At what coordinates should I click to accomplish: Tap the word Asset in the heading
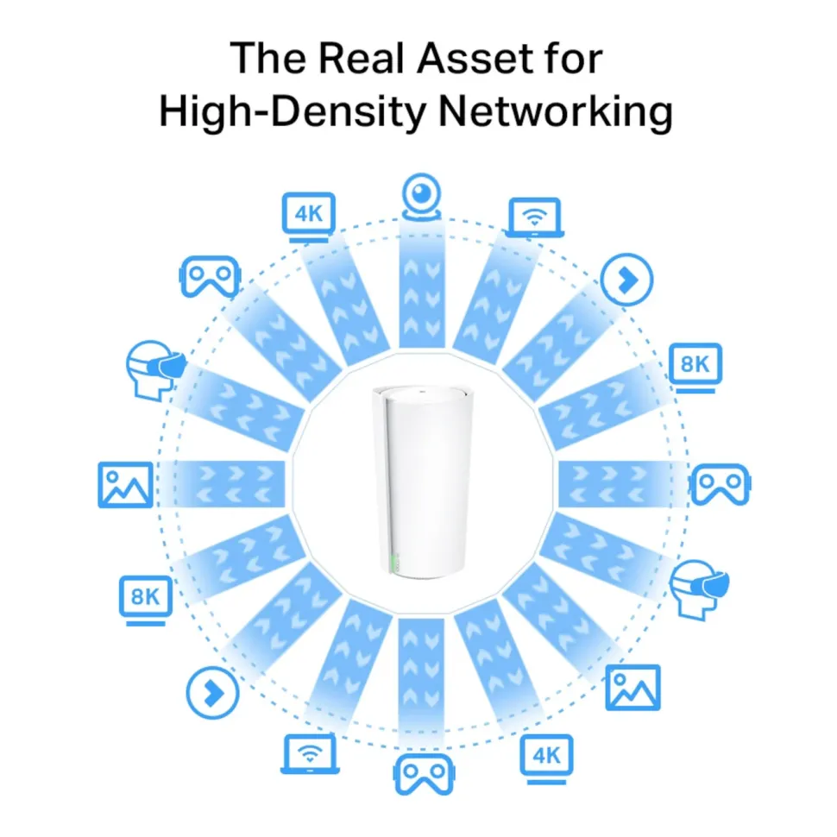pos(467,58)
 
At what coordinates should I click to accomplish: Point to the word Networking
pos(555,112)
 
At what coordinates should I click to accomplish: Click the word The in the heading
pos(268,58)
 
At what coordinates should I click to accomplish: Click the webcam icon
pos(422,197)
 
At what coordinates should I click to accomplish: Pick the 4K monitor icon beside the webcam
pos(309,217)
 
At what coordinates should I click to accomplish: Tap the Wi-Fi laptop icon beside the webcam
pos(534,217)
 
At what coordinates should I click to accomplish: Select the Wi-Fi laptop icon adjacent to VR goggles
pos(310,753)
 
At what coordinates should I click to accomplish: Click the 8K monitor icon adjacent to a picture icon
pos(146,601)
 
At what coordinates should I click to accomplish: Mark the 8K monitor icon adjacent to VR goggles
pos(695,368)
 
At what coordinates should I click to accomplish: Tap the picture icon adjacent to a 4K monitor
pos(633,688)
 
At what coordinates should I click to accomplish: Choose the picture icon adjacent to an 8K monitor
pos(125,485)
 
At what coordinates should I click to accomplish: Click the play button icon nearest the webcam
pos(626,280)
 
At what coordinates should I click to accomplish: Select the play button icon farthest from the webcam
pos(212,693)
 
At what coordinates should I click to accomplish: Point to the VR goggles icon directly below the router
pos(424,773)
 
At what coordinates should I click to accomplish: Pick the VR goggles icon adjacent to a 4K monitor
pos(210,276)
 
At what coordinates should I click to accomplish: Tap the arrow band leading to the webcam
pos(422,286)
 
